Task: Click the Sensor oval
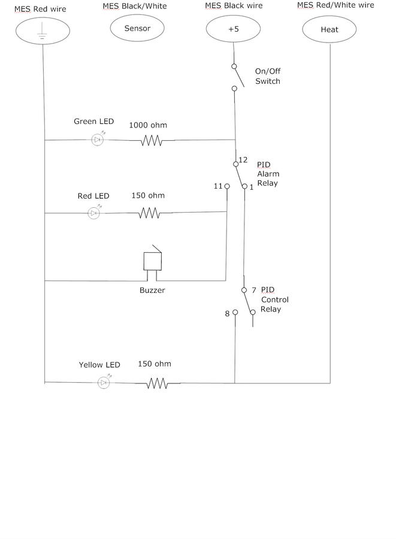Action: pos(137,28)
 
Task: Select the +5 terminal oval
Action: pos(234,29)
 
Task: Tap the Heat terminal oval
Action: pos(330,29)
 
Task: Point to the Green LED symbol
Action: pos(98,140)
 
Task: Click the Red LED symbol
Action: pos(93,213)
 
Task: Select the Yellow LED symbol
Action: pos(104,383)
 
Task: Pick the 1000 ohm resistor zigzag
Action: pos(151,141)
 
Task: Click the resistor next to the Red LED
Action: pos(149,213)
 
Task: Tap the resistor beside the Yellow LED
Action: pos(156,383)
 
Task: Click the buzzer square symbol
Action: pos(153,261)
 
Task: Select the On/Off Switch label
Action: pos(267,76)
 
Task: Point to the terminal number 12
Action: pos(243,160)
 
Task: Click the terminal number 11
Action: pos(218,186)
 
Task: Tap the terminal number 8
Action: pos(228,313)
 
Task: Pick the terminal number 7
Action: pos(253,290)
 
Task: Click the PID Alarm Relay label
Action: pos(268,174)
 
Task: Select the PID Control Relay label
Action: pos(274,299)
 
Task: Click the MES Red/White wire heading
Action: pos(335,5)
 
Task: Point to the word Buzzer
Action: pos(152,290)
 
